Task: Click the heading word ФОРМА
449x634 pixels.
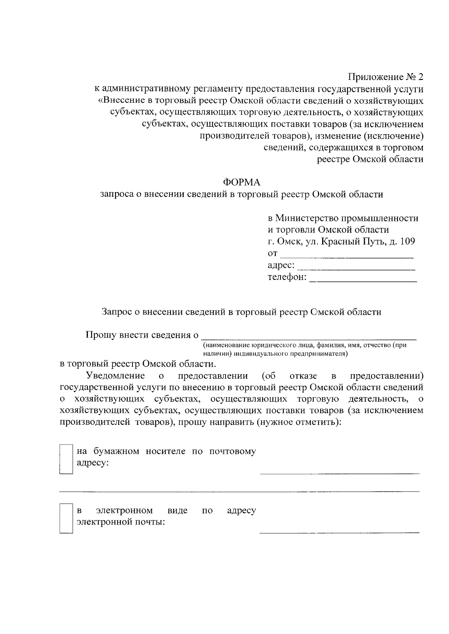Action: pos(241,182)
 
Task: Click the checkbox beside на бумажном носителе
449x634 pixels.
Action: pos(66,459)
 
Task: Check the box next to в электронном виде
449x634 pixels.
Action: pos(66,518)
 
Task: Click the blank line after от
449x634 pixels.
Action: pos(346,257)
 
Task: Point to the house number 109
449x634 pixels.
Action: pos(407,241)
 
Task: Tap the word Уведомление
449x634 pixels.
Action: pos(115,375)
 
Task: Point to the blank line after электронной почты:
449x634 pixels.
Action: pos(339,532)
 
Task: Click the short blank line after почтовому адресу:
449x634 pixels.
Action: pos(339,473)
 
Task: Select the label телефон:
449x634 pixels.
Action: pos(287,277)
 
